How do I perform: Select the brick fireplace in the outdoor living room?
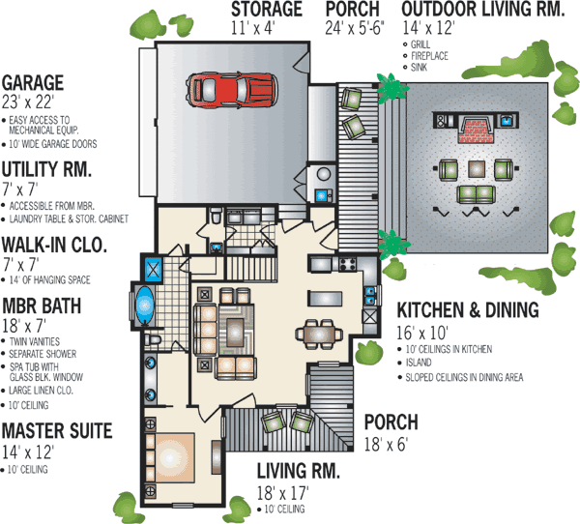tap(475, 129)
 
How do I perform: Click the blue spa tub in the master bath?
tap(145, 305)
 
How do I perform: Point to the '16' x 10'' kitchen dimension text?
tap(422, 332)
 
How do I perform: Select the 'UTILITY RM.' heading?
tap(46, 169)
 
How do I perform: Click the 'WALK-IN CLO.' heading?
tap(59, 243)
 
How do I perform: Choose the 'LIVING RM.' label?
tap(299, 471)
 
